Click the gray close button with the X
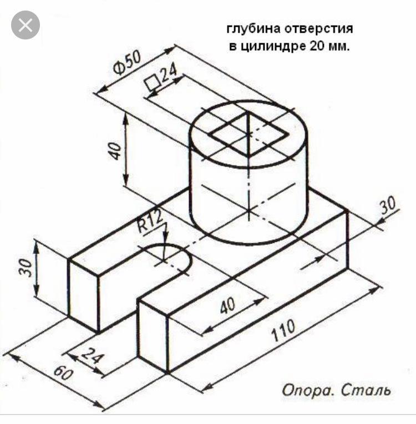click(26, 25)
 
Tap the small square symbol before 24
click(151, 82)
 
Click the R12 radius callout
click(150, 221)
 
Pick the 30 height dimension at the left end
click(26, 267)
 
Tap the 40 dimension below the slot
click(227, 306)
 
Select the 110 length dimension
click(283, 330)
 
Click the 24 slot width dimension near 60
click(92, 355)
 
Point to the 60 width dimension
click(63, 373)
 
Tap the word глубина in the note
click(253, 29)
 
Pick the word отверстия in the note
click(319, 29)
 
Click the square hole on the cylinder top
click(248, 134)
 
